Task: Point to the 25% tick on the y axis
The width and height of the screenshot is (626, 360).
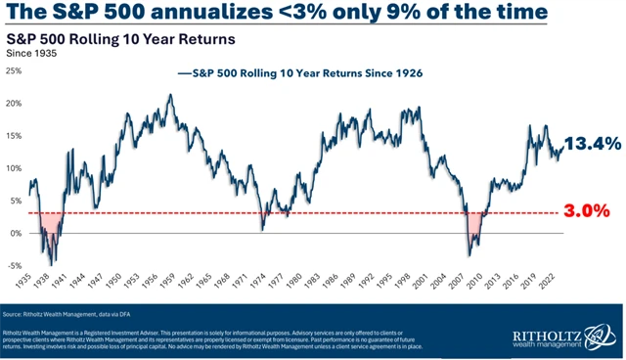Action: coord(14,70)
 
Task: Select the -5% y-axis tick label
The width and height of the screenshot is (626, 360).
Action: coord(14,265)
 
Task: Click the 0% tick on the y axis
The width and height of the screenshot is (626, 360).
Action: coord(16,233)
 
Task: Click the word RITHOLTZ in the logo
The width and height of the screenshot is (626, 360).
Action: coord(537,334)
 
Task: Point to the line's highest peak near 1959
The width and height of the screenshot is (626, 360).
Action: coord(170,95)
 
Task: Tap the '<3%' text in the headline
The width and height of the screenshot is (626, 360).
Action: coord(257,14)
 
